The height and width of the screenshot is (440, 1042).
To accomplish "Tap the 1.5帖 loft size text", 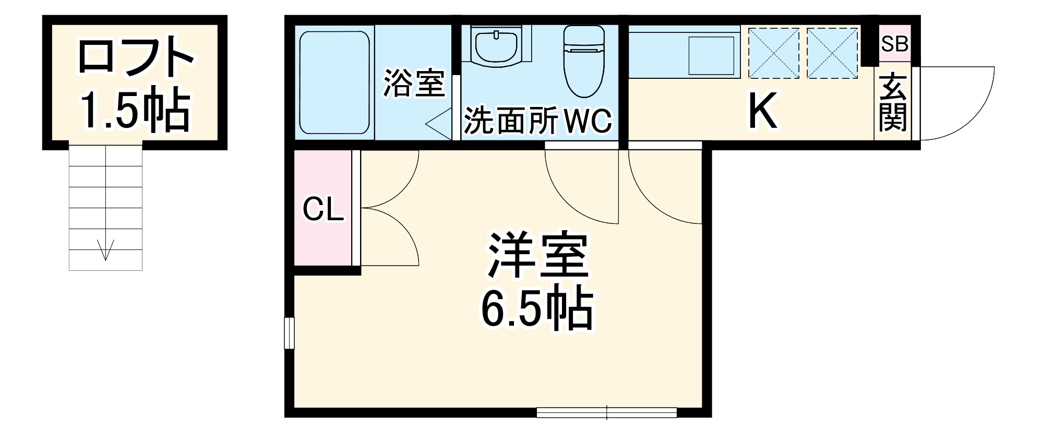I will (135, 111).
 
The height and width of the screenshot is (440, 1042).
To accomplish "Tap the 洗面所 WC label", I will (537, 121).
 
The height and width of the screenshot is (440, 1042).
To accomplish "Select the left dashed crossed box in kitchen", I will (774, 53).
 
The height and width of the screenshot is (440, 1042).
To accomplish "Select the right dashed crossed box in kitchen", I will (832, 53).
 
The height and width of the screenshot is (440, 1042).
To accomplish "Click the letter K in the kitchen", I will (763, 111).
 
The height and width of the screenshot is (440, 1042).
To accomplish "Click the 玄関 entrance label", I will (893, 104).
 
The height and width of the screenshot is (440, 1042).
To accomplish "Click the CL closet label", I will (323, 210).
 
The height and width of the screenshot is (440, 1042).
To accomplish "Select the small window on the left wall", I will (289, 332).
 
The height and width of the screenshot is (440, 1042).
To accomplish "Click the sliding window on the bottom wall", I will (606, 413).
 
